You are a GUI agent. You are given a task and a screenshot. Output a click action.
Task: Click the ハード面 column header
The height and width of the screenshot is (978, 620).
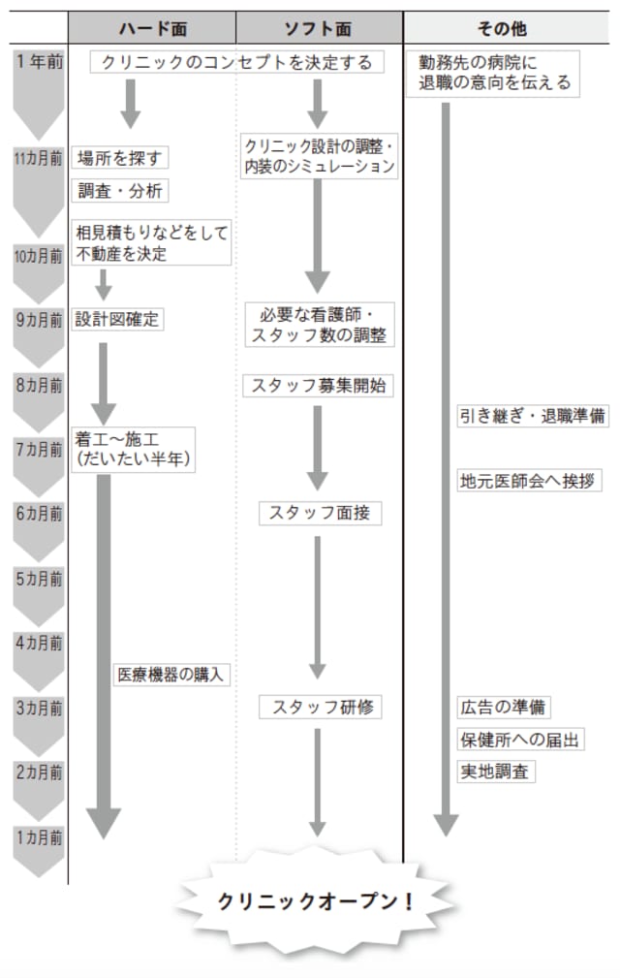(152, 27)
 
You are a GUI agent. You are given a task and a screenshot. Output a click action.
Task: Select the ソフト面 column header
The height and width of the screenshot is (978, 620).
(319, 27)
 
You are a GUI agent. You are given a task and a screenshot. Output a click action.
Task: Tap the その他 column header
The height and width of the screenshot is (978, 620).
(511, 27)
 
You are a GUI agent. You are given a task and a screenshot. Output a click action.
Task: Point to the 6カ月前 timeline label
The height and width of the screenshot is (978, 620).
(39, 515)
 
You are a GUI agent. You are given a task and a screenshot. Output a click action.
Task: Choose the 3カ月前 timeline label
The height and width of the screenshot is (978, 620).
(39, 708)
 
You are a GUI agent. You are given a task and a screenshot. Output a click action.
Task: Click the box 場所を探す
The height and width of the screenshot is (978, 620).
(118, 156)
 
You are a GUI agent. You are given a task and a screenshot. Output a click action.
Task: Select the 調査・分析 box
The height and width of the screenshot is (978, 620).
(122, 191)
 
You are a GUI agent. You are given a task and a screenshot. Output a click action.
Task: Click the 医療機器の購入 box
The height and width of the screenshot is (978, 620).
(171, 675)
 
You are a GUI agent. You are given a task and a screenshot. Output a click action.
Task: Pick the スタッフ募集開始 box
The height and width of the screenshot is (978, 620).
(319, 385)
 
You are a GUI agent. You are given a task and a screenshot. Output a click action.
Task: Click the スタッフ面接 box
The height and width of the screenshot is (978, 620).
(320, 514)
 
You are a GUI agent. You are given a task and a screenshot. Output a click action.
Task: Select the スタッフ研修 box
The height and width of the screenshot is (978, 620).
(320, 708)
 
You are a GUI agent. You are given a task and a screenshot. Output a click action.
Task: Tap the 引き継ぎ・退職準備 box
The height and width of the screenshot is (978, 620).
(533, 417)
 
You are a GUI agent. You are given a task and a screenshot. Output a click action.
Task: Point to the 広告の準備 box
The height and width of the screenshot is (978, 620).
(505, 707)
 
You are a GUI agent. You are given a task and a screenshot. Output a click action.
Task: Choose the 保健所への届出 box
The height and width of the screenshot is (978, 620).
(520, 740)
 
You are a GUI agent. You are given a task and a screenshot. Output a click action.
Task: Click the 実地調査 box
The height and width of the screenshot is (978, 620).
(496, 773)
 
